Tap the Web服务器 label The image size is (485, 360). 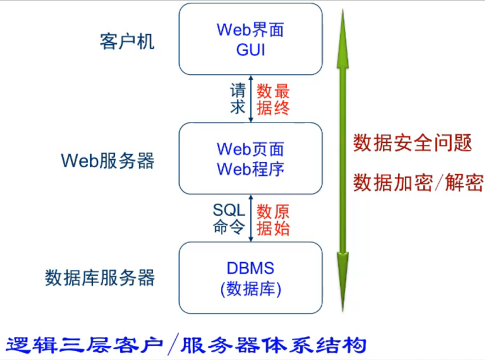click(108, 161)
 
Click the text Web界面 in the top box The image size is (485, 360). click(250, 30)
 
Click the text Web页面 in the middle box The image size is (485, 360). click(250, 149)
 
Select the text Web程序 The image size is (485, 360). click(250, 168)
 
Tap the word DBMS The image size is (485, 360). click(250, 268)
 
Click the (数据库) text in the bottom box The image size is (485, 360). click(250, 289)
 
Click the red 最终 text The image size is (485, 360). click(282, 99)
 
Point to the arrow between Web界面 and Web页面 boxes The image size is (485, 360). click(251, 99)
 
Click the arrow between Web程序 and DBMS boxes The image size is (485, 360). click(251, 218)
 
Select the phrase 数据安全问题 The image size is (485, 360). click(412, 143)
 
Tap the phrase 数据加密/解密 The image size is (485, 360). click(418, 182)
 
